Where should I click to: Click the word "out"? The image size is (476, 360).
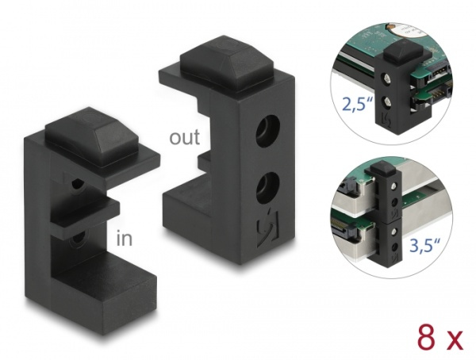(185, 137)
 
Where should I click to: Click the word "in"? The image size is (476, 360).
(125, 238)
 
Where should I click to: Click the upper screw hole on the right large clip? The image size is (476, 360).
(267, 130)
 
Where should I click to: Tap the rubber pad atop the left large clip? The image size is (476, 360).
(91, 136)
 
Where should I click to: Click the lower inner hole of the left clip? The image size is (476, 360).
(78, 239)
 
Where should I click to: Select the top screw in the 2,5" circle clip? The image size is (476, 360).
(387, 80)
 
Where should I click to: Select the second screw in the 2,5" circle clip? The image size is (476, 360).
(387, 101)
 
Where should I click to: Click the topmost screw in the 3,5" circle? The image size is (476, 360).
(394, 185)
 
